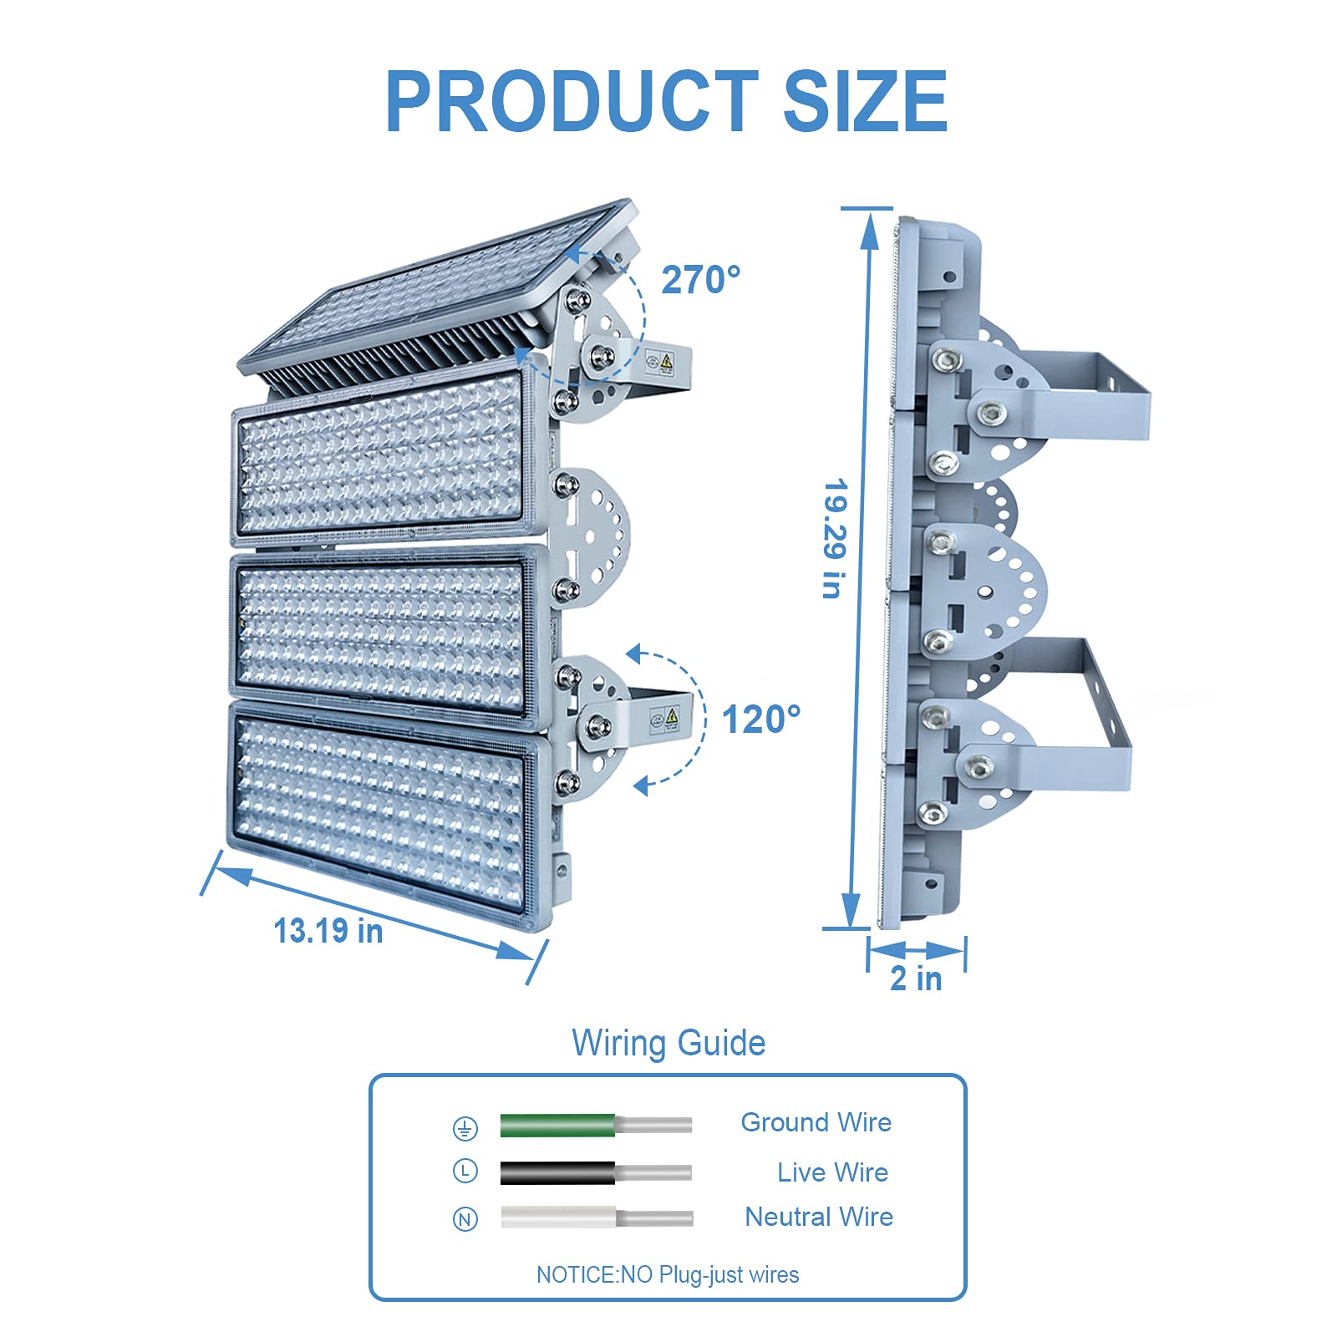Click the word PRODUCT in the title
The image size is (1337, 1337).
(572, 101)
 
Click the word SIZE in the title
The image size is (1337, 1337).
(865, 101)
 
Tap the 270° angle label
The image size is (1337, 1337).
(701, 280)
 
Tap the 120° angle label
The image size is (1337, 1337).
(761, 719)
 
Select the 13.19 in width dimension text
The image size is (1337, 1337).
(328, 931)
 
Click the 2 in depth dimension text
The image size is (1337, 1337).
(916, 978)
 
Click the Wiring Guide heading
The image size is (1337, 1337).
(668, 1043)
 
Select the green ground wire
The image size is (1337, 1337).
(596, 1125)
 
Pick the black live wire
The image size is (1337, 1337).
(596, 1172)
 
